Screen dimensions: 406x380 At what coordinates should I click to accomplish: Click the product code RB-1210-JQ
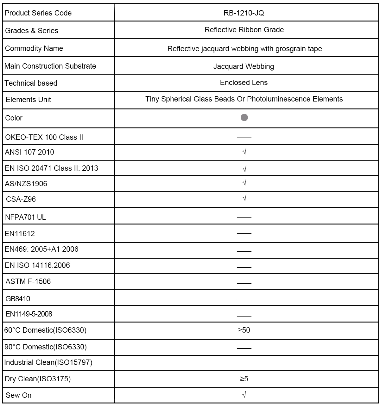[x=244, y=13]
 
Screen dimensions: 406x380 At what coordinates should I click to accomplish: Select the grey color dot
[x=244, y=118]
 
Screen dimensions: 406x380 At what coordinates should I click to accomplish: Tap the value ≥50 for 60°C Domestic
[x=244, y=330]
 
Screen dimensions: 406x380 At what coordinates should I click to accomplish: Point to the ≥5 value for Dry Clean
[x=244, y=378]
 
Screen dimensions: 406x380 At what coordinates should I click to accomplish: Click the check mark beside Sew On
[x=244, y=394]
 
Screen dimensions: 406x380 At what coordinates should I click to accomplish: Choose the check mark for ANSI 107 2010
[x=244, y=152]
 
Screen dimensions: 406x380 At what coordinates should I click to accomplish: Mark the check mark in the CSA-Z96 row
[x=244, y=198]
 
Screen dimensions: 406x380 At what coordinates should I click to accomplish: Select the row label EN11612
[x=20, y=234]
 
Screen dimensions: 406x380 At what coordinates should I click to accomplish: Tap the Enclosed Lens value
[x=244, y=83]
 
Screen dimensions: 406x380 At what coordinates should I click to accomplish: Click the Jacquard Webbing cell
[x=244, y=66]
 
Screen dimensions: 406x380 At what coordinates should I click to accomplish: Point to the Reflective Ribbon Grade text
[x=244, y=30]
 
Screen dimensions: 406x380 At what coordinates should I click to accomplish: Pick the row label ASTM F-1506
[x=28, y=281]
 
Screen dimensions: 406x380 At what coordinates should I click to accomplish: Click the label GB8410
[x=18, y=299]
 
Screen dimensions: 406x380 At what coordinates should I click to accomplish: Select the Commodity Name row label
[x=34, y=48]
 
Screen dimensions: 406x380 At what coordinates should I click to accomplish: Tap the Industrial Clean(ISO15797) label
[x=48, y=362]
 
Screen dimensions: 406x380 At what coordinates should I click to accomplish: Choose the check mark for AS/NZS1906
[x=244, y=183]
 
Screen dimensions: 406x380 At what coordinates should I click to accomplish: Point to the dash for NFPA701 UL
[x=244, y=217]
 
